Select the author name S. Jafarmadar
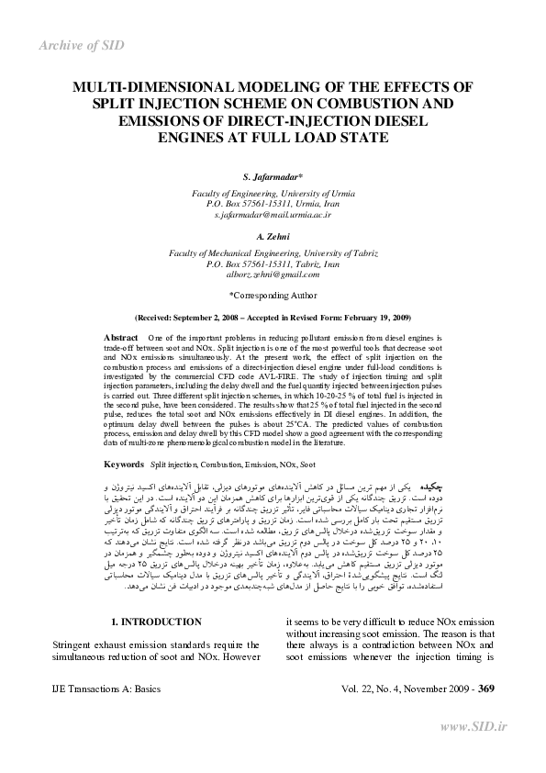coord(273,175)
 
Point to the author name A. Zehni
coord(273,239)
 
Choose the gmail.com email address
coord(273,274)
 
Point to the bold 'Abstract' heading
coord(122,339)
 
